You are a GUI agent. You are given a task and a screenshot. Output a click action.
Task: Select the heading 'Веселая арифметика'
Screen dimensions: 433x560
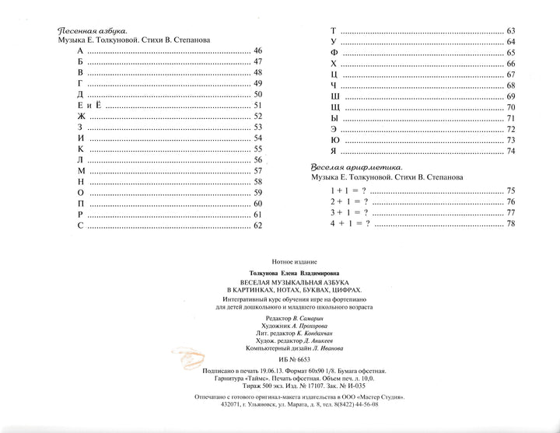356,167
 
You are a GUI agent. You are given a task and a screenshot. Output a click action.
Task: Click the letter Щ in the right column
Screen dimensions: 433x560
334,107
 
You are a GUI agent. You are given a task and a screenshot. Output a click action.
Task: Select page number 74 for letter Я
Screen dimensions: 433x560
511,151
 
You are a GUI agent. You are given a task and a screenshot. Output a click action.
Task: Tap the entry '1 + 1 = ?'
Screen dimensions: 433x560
348,190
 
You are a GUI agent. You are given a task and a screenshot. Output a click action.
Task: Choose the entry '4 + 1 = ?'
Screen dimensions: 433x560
349,224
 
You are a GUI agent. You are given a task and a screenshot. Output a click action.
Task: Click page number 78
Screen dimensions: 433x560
511,224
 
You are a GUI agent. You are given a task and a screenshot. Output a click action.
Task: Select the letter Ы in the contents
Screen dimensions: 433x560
334,118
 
